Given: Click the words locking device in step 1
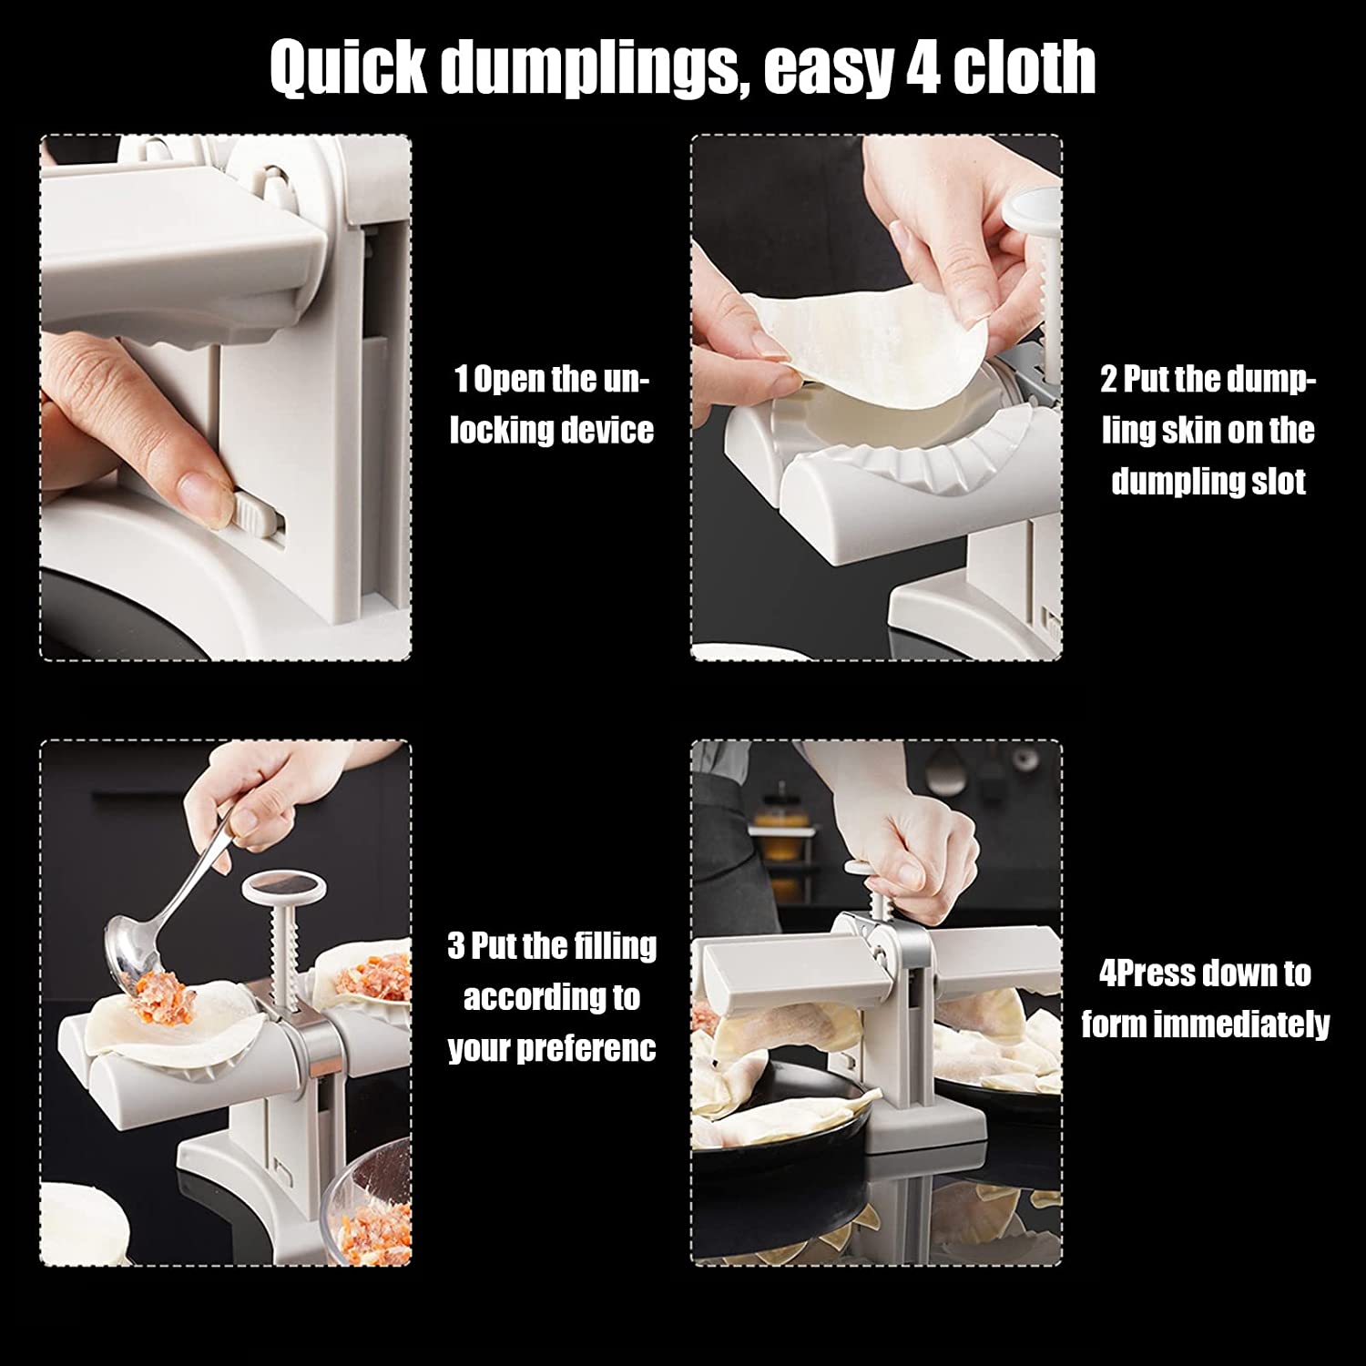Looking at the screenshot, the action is [x=552, y=429].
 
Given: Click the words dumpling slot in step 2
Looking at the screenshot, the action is [x=1208, y=481].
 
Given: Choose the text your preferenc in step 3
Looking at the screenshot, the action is [x=552, y=1049].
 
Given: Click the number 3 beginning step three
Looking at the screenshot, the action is [x=456, y=946].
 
